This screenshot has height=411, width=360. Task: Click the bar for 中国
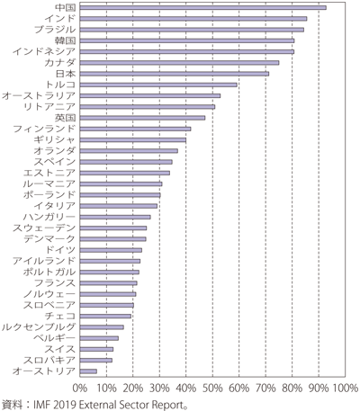[x=203, y=7]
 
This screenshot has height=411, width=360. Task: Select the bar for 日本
[x=175, y=74]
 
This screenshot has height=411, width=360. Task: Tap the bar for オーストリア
[x=88, y=371]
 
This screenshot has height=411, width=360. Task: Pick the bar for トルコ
[x=158, y=85]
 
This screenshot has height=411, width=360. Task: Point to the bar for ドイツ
[x=111, y=250]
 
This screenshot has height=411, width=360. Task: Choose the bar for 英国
[x=142, y=118]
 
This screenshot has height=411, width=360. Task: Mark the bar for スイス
[x=96, y=349]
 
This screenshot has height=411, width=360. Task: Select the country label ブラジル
[x=55, y=30]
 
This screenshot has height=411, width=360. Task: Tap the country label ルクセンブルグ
[x=39, y=327]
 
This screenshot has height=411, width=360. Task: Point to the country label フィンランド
[x=44, y=129]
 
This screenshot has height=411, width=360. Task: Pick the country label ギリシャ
[x=55, y=140]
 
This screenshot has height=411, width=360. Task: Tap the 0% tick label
[x=80, y=389]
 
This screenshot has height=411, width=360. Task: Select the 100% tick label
[x=345, y=389]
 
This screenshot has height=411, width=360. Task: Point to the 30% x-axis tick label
[x=159, y=389]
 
